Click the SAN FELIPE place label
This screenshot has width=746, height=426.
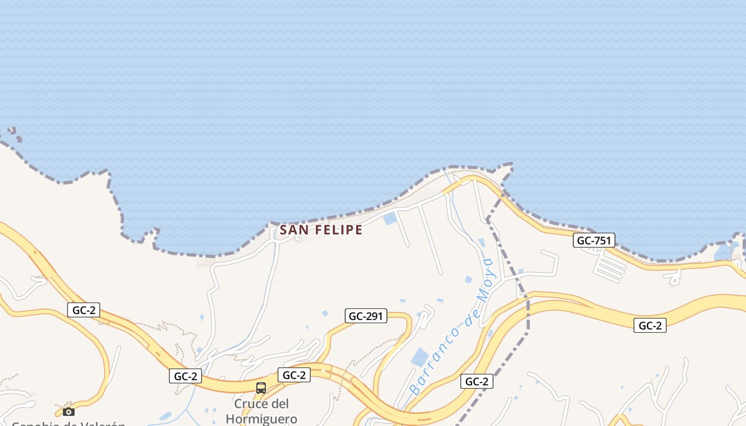[321, 230]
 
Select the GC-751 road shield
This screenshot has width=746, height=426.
[594, 241]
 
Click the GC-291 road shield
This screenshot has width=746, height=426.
[366, 316]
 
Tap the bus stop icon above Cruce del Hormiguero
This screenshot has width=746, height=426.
[261, 388]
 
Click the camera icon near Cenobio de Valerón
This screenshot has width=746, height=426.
[68, 412]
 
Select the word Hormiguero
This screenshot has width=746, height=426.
[261, 419]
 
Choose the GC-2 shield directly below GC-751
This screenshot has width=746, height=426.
[650, 326]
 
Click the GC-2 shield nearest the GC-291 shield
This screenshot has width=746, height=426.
[294, 375]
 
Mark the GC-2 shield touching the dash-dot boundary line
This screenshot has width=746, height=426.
[476, 381]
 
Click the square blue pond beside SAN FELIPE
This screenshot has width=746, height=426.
[390, 218]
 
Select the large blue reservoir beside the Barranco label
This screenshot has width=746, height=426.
[419, 357]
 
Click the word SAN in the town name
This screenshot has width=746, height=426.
[292, 230]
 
